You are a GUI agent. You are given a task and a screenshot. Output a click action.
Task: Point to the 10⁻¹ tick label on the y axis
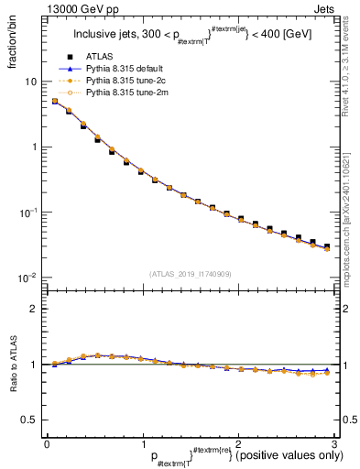tap(28, 212)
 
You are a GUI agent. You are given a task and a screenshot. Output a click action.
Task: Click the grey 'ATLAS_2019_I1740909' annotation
tap(190, 273)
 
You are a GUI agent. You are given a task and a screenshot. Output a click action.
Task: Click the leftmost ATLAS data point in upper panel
tap(54, 102)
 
